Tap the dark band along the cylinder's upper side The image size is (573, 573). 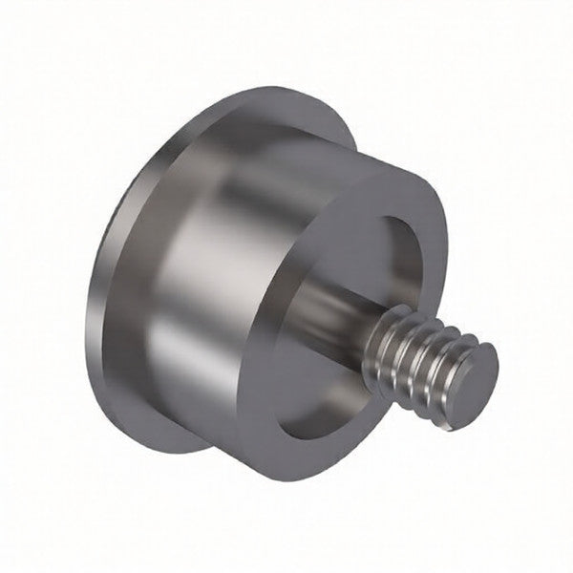[277, 143]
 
